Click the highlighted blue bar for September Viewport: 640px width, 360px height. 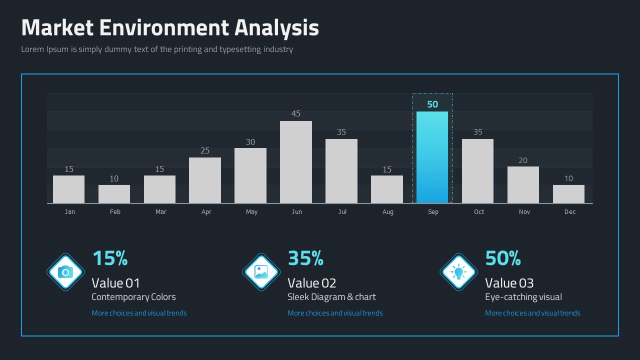click(432, 157)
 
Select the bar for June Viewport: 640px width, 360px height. click(295, 162)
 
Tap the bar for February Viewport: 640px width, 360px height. click(114, 194)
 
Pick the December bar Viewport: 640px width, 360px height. click(568, 194)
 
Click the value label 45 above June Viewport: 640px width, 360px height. click(295, 113)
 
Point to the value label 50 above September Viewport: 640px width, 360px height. click(432, 104)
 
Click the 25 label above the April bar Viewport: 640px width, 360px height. click(205, 150)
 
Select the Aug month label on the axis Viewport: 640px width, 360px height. click(387, 212)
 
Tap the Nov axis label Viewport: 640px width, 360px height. click(524, 211)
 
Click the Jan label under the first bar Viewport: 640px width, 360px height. click(69, 211)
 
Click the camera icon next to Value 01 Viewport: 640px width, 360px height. click(65, 272)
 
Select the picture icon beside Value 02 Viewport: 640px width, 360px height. click(261, 272)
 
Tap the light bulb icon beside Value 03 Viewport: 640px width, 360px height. click(458, 272)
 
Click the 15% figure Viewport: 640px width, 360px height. click(110, 258)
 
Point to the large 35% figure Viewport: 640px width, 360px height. click(305, 258)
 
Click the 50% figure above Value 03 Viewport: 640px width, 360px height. click(503, 258)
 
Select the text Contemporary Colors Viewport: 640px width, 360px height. click(133, 297)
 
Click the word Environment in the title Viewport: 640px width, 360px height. click(164, 27)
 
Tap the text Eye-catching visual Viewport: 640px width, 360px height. click(523, 297)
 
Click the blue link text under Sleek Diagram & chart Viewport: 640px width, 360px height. click(335, 313)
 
